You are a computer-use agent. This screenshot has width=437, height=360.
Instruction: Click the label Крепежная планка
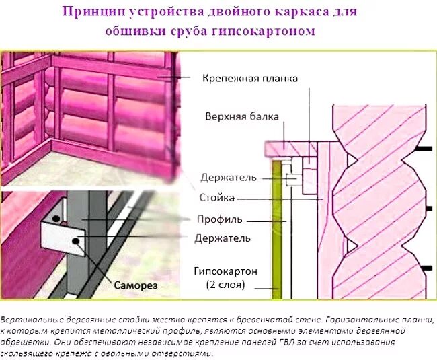click(250, 78)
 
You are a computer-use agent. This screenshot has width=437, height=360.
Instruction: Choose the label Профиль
click(219, 219)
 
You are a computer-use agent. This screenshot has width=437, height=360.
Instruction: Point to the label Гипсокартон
click(225, 271)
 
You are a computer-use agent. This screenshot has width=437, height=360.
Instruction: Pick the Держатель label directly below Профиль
click(223, 238)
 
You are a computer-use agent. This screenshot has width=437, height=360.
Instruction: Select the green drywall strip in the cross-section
click(276, 229)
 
